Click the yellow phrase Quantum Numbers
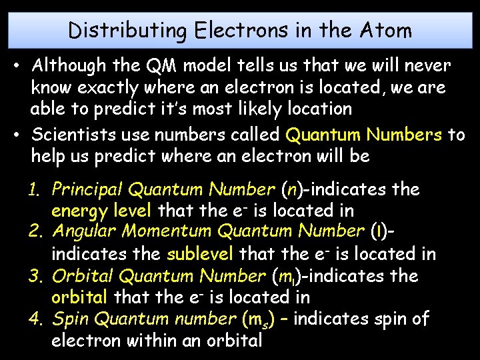coord(364,135)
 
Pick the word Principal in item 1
coord(87,189)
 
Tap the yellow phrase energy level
coord(102,211)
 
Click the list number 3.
coord(35,276)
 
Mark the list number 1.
coord(35,189)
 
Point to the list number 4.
coord(35,319)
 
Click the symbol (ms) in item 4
coord(249,320)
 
